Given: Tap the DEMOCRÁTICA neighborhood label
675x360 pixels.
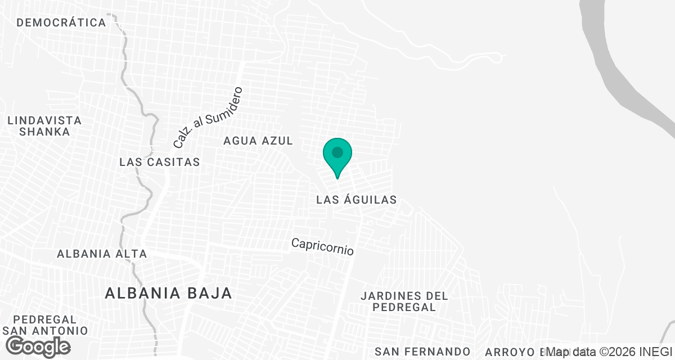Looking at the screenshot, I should pyautogui.click(x=61, y=23).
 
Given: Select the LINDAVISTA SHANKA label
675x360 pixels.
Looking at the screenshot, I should pyautogui.click(x=44, y=126).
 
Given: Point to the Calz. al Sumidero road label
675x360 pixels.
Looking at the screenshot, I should pyautogui.click(x=207, y=118).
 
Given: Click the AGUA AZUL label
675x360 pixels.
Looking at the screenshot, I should pyautogui.click(x=258, y=141).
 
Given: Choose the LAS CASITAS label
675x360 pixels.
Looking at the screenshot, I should pyautogui.click(x=160, y=162).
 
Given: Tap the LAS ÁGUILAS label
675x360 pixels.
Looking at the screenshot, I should pyautogui.click(x=357, y=200).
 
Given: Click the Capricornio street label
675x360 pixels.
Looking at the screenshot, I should pyautogui.click(x=322, y=246).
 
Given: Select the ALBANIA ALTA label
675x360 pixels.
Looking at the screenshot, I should pyautogui.click(x=102, y=254).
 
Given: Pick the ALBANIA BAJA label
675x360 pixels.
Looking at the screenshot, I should pyautogui.click(x=169, y=293).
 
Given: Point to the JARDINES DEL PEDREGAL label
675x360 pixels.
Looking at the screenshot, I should pyautogui.click(x=404, y=301).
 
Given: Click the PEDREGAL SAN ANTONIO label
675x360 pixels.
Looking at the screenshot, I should pyautogui.click(x=45, y=325).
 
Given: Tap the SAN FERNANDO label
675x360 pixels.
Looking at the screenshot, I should pyautogui.click(x=422, y=352).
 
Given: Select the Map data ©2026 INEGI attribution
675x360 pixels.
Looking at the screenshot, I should pyautogui.click(x=610, y=352).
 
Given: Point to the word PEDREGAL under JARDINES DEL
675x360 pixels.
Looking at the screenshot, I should pyautogui.click(x=404, y=308).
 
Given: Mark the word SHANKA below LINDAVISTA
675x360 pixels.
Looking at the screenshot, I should pyautogui.click(x=44, y=132).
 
